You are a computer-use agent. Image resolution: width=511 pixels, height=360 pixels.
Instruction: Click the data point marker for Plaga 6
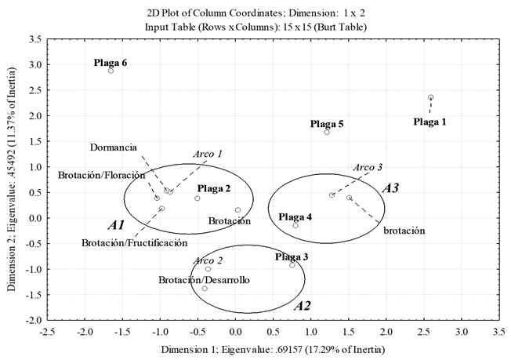tap(111, 71)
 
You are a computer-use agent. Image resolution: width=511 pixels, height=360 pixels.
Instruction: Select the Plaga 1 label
tap(430, 122)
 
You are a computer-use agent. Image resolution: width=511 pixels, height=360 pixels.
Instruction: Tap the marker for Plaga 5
tap(327, 133)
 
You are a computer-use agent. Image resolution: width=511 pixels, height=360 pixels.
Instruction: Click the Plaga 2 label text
tap(214, 189)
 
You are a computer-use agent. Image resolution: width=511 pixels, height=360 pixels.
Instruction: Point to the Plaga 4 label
tap(295, 216)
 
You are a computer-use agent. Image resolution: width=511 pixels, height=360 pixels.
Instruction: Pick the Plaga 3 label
tap(292, 256)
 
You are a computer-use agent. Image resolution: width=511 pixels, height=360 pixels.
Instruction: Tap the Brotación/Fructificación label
tap(134, 243)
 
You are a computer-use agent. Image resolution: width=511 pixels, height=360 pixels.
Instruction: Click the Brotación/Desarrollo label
tap(204, 279)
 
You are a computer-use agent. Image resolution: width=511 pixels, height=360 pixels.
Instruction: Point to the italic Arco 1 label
tap(208, 154)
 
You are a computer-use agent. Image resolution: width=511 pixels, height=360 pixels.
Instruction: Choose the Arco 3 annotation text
tap(368, 167)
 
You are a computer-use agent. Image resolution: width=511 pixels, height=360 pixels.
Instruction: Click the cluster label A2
tap(302, 306)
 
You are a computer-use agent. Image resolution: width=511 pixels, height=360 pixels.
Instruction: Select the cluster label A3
tap(391, 188)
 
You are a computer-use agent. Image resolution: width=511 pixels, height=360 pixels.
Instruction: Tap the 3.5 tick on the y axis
tap(34, 38)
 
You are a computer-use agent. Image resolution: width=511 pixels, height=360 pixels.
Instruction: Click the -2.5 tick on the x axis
tap(49, 331)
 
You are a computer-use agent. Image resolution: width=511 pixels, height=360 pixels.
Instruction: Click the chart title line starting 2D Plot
tap(255, 13)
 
